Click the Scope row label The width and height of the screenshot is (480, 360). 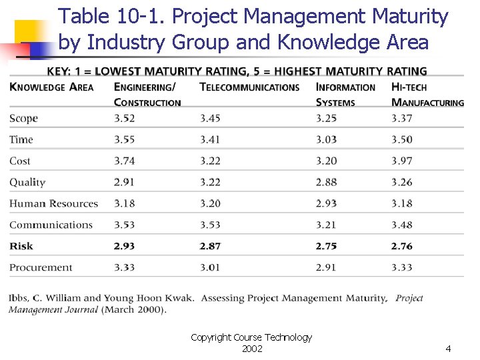[23, 119]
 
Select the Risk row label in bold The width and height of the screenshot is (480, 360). [21, 246]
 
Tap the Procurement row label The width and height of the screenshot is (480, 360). [41, 267]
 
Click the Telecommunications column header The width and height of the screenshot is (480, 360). [249, 87]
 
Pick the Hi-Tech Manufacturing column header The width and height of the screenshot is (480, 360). [427, 95]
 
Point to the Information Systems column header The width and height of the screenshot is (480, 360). [345, 95]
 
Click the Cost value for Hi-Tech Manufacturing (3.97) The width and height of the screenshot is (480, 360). [401, 161]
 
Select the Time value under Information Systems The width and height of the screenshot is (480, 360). [326, 139]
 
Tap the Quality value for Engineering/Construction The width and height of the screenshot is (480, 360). [124, 182]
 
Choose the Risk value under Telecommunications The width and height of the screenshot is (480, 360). [210, 246]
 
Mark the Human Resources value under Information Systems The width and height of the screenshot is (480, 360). [326, 203]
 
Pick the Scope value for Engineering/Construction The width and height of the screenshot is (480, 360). [124, 119]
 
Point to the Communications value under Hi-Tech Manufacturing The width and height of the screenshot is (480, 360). [401, 225]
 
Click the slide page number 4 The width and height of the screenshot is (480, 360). [448, 349]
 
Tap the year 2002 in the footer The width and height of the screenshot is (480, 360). [251, 349]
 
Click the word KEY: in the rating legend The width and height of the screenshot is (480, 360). [61, 71]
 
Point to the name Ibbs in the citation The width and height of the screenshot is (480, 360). [19, 298]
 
